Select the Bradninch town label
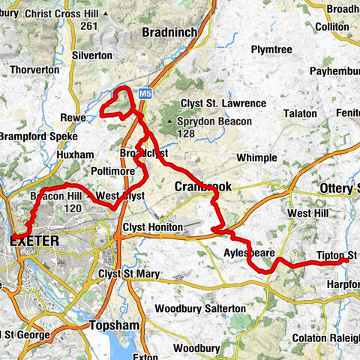click(168, 32)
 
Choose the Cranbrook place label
click(203, 186)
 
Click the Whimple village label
click(256, 157)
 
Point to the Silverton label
click(92, 55)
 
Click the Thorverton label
click(34, 70)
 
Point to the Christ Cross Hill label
click(61, 13)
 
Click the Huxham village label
click(75, 154)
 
